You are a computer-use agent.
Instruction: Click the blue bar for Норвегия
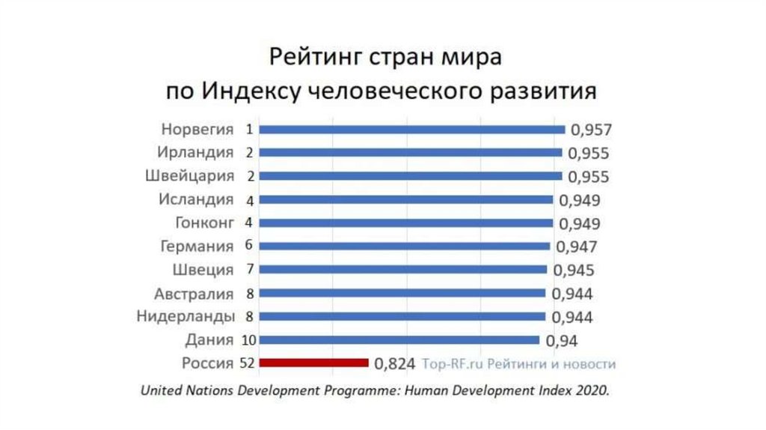point(411,129)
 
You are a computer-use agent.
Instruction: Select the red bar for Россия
point(314,363)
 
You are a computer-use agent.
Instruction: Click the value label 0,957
point(591,130)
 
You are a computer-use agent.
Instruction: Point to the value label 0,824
point(394,365)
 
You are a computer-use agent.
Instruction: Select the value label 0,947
point(576,246)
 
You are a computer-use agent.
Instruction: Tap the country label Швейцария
point(189,177)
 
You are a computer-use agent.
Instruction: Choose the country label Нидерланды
point(186,316)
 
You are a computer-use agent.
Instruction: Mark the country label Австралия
point(194,293)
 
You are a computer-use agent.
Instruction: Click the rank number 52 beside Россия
point(248,363)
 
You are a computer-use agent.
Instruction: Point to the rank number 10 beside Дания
point(248,340)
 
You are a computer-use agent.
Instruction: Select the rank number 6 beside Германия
point(248,246)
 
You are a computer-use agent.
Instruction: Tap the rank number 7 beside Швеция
point(248,270)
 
